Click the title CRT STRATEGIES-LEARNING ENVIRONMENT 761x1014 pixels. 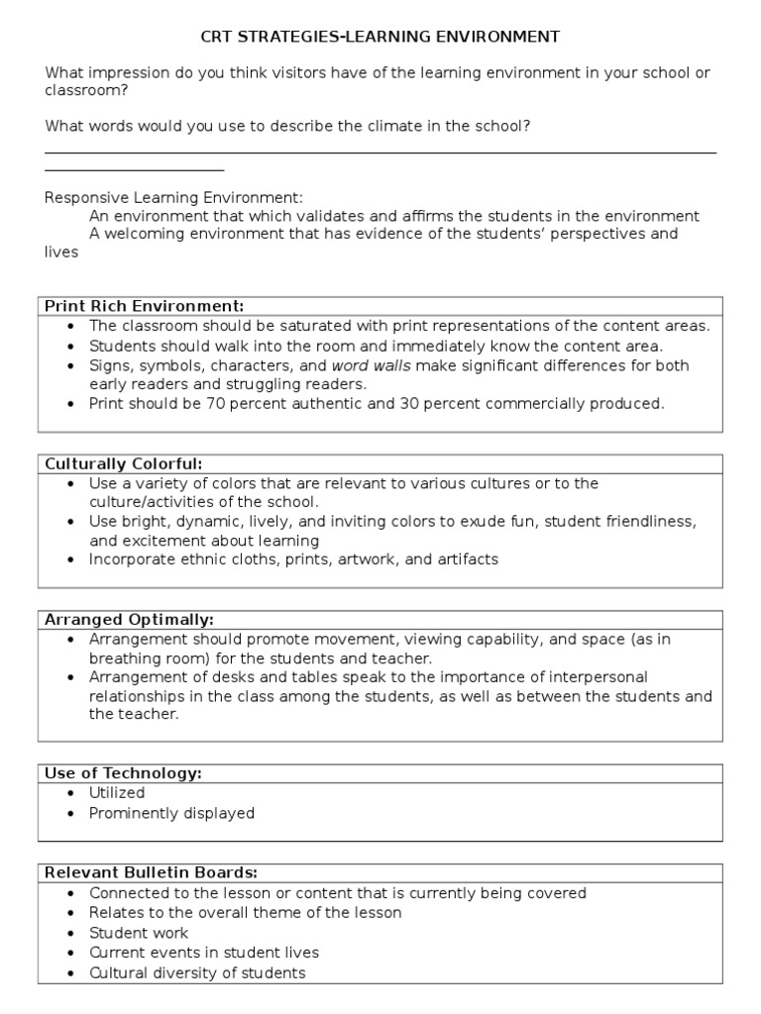[x=380, y=37]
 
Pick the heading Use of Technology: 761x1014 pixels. [x=124, y=773]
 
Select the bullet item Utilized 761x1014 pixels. [x=117, y=793]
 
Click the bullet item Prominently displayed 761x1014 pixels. [x=171, y=813]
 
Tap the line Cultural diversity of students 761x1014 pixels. [x=197, y=972]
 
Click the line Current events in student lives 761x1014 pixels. [x=204, y=953]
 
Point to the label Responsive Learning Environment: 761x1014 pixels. [x=174, y=197]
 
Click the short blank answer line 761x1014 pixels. [x=134, y=171]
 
